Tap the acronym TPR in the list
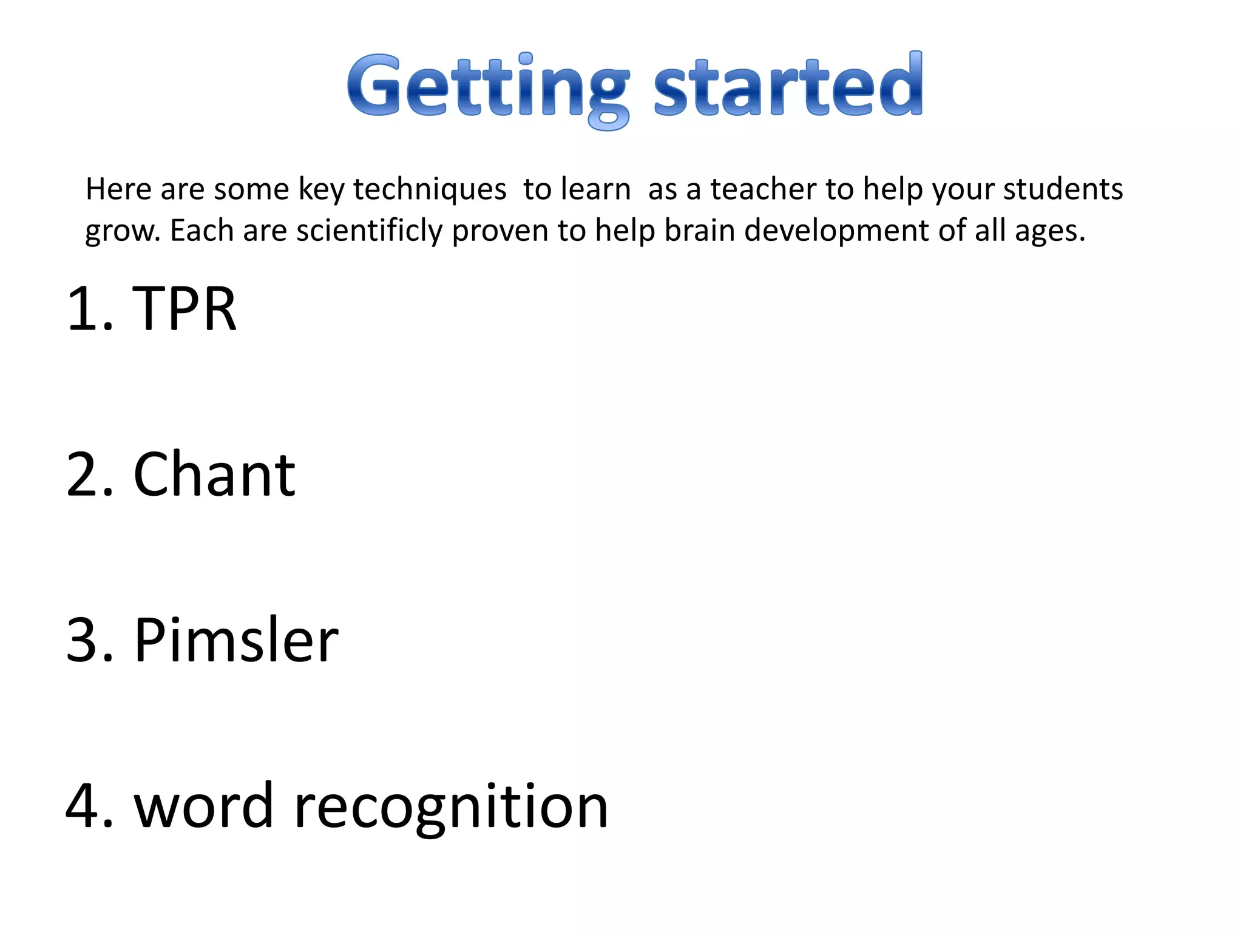click(x=184, y=309)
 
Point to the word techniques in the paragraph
click(x=430, y=189)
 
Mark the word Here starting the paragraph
click(x=118, y=189)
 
